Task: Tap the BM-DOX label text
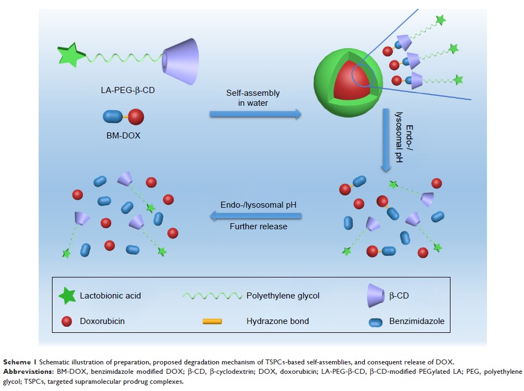[123, 135]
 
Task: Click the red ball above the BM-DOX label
[136, 117]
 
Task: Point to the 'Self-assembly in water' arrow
[255, 114]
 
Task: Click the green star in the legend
[67, 296]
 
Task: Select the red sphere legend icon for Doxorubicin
[67, 321]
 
